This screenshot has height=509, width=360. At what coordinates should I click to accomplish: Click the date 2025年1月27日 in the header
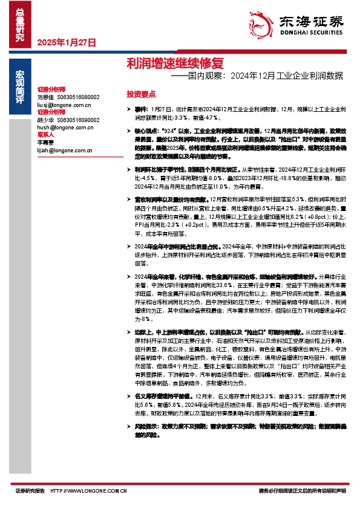point(66,43)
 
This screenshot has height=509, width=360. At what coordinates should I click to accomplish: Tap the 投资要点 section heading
point(141,94)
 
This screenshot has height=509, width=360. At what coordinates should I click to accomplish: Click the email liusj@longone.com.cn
point(64,104)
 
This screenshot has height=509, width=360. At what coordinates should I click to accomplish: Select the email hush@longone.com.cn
point(65,128)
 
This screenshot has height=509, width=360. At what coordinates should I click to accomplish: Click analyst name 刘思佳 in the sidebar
point(45,97)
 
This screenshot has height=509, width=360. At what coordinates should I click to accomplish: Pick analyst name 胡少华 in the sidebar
point(45,120)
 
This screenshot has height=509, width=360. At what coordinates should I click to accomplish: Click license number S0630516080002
point(78,97)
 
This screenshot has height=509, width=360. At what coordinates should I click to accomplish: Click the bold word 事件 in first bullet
point(140,106)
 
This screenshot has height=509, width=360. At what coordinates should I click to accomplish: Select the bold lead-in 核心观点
point(146,130)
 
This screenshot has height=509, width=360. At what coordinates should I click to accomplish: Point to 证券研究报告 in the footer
point(30,491)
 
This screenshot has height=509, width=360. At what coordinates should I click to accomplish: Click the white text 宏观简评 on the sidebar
point(19,88)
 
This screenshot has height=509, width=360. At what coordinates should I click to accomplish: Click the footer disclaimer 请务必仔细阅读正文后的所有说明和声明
point(301,491)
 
